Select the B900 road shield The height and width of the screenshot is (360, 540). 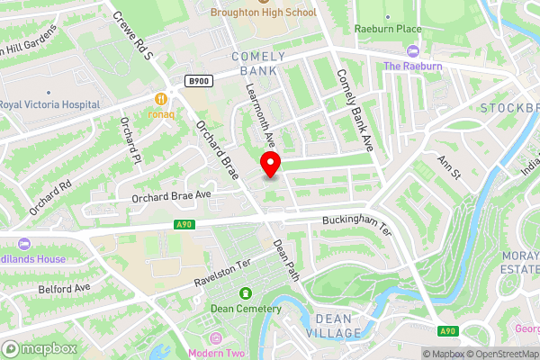click(x=199, y=81)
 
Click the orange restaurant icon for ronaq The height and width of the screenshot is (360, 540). click(x=161, y=98)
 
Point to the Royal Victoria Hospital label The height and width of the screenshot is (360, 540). click(x=49, y=104)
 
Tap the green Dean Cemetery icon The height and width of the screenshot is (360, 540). click(x=246, y=293)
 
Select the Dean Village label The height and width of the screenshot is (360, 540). click(x=337, y=326)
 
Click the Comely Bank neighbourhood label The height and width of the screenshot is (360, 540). click(x=258, y=63)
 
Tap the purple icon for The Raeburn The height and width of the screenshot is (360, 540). click(x=413, y=51)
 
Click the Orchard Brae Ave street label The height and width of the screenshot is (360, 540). click(x=170, y=195)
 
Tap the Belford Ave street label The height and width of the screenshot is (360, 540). click(x=65, y=289)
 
